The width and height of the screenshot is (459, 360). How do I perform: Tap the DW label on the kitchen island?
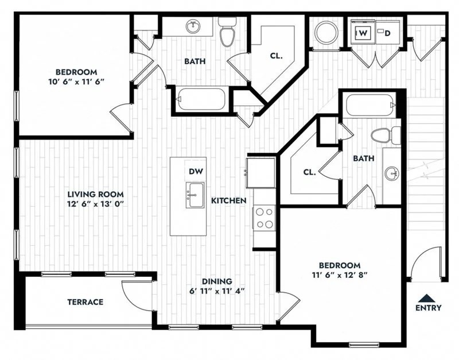(x=195, y=171)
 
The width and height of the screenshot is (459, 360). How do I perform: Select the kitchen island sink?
(x=195, y=195)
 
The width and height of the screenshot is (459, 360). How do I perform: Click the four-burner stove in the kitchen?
(x=264, y=218)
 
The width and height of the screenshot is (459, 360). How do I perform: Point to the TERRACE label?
(x=85, y=302)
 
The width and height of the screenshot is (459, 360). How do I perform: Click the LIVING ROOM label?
(x=96, y=194)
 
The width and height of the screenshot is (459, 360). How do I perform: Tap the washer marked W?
(x=363, y=33)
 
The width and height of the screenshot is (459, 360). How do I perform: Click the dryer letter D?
(x=387, y=33)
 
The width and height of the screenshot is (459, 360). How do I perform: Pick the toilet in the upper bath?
(x=227, y=32)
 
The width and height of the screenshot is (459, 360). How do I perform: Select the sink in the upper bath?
(x=193, y=26)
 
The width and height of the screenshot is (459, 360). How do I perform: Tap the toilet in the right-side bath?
(x=385, y=136)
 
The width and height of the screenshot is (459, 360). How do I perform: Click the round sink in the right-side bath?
(x=392, y=172)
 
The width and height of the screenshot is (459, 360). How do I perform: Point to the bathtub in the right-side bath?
(x=371, y=106)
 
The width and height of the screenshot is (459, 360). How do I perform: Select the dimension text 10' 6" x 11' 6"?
(x=76, y=82)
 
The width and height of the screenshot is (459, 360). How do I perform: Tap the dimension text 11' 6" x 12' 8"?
(x=339, y=275)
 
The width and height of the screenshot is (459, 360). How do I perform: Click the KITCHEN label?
(x=229, y=200)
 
